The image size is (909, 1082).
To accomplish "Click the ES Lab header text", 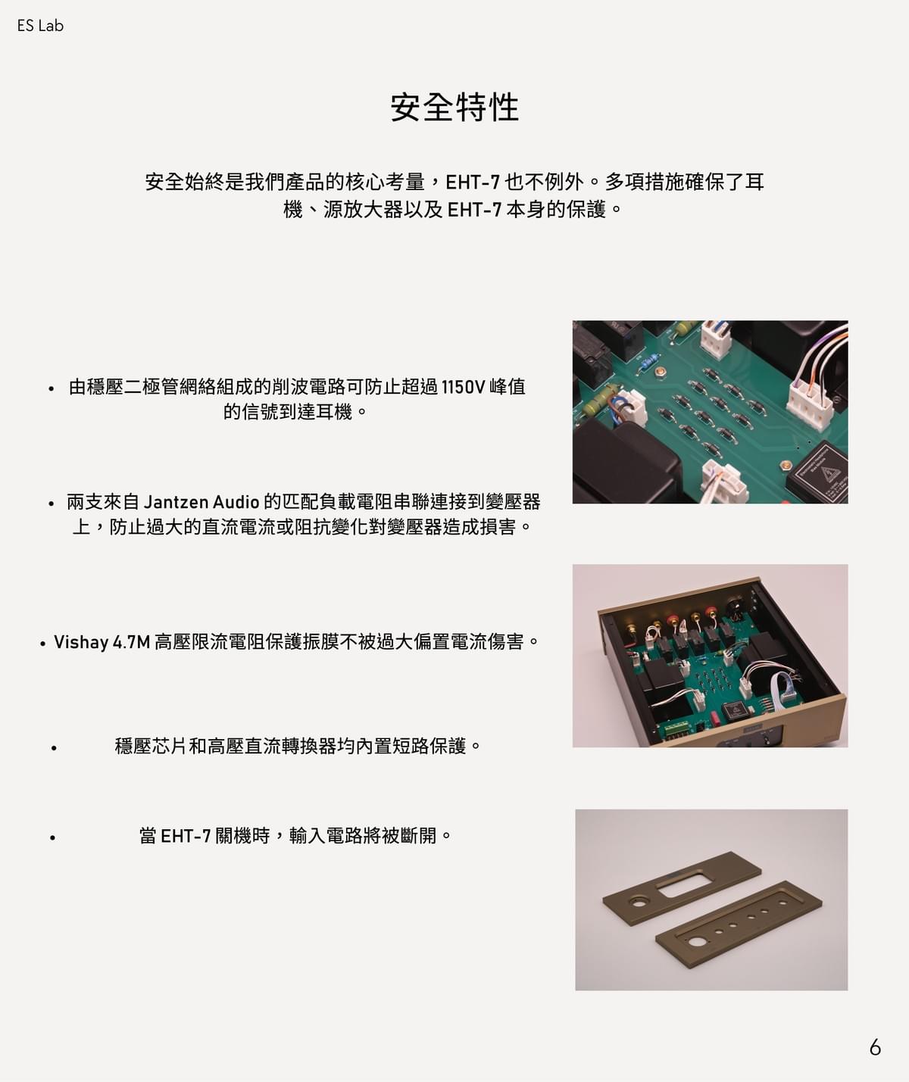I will coord(40,26).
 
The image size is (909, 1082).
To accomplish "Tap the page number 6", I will coord(875,1048).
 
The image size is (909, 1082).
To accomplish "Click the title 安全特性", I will coord(454,108).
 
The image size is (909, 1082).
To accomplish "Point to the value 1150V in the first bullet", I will coord(463,387).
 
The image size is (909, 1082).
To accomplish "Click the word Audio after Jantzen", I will coord(236,502).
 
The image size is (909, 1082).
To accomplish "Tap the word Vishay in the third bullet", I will coord(81,642).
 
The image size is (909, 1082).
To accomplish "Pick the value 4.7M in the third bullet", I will coord(131,642).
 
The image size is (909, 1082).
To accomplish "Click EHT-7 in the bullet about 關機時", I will coord(186,836).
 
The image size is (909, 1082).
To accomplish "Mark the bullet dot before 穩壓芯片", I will coord(54,748).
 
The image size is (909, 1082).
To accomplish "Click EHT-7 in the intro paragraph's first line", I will coord(473,182).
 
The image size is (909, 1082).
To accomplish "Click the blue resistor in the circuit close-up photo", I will coord(648,363).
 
